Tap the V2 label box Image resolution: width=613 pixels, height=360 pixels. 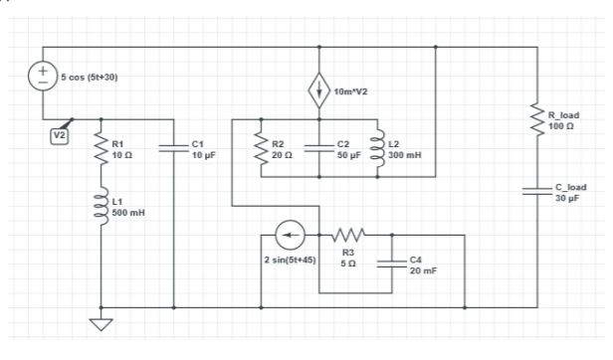click(59, 135)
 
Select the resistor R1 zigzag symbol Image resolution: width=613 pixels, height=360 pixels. click(102, 149)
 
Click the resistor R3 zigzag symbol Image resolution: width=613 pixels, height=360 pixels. click(348, 236)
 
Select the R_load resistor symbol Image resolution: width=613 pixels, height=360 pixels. click(537, 121)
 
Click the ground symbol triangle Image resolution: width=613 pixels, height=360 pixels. click(102, 323)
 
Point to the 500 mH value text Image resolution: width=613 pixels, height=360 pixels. click(126, 213)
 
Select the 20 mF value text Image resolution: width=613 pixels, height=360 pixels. click(421, 270)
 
